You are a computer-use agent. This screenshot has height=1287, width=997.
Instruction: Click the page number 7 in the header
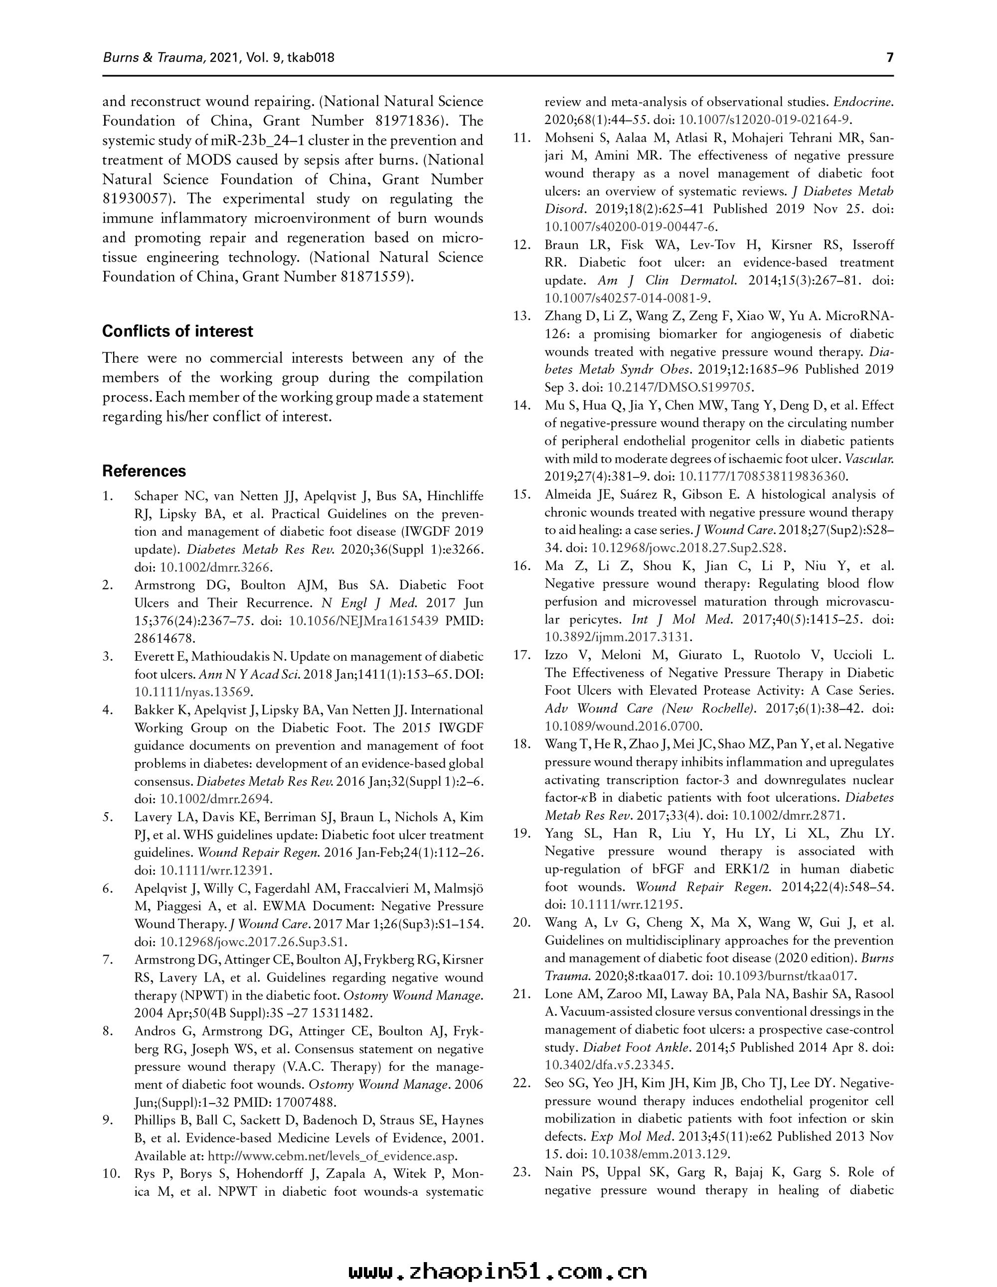[890, 57]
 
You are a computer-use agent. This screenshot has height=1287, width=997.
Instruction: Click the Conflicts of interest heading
[177, 331]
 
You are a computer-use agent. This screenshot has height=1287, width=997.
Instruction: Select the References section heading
[144, 471]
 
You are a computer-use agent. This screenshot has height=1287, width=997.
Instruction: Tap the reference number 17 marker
[522, 655]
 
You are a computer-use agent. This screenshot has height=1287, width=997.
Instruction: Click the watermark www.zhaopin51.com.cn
[498, 1268]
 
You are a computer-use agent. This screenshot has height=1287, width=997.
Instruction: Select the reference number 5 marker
[108, 817]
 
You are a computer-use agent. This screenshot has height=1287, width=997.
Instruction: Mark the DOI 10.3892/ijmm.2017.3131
[619, 637]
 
